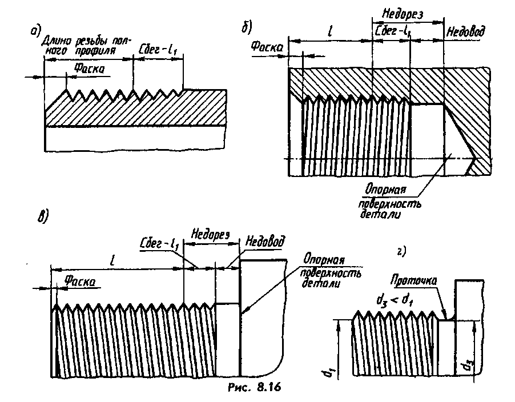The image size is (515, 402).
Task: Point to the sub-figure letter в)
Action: point(43,215)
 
